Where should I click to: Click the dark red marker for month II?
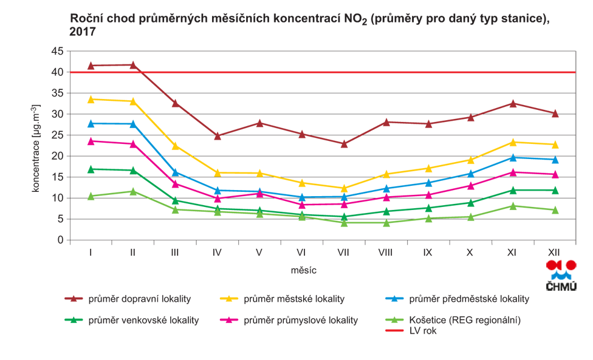132,64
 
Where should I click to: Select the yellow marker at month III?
175,146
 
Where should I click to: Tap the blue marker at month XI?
512,157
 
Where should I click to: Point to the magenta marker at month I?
91,141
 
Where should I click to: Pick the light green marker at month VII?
344,223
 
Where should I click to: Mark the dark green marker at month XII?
554,190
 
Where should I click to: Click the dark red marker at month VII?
344,144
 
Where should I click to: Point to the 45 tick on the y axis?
57,51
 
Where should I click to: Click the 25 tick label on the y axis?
57,135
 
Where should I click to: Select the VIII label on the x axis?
386,252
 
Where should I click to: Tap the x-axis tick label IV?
217,252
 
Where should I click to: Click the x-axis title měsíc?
304,270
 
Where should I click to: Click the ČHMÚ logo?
561,276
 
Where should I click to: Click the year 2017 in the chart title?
83,32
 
